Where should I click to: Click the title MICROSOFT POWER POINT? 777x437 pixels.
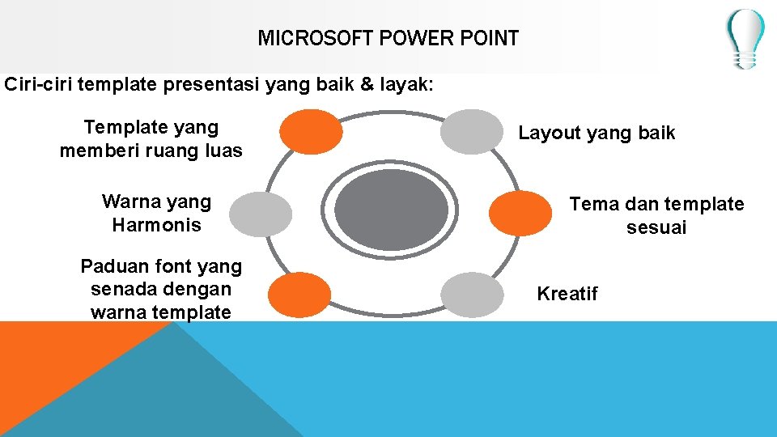(388, 38)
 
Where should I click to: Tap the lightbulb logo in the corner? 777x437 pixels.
(745, 38)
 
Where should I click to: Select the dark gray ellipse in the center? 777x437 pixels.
(391, 210)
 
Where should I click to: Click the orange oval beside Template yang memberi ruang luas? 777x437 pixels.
(311, 131)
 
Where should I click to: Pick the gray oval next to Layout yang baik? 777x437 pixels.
(472, 131)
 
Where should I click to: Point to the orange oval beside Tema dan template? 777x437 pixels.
(521, 213)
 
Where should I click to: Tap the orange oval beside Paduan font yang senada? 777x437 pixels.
(299, 295)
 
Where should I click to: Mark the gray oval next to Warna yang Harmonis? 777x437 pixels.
(260, 214)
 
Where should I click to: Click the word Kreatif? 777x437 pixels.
(567, 294)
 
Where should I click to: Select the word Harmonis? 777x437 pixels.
(156, 225)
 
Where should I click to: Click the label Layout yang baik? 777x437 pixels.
(597, 134)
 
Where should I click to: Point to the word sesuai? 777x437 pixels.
(656, 227)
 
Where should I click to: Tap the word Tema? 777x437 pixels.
(590, 204)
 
